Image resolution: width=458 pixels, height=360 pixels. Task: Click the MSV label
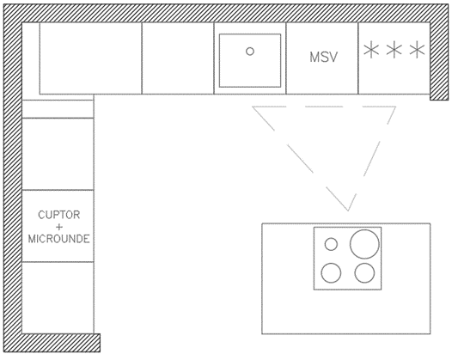click(324, 58)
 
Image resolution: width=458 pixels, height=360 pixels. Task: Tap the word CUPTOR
click(59, 215)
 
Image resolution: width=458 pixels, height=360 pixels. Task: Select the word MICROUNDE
click(58, 239)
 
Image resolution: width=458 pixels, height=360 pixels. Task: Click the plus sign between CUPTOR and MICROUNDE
click(59, 227)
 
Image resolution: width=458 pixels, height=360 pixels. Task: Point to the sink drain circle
click(250, 52)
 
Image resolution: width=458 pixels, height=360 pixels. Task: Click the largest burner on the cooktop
click(364, 244)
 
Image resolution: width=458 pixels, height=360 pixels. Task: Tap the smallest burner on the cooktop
click(331, 244)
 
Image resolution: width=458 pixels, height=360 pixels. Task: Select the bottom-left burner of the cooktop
click(331, 273)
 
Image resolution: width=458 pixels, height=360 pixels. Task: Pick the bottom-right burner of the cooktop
click(364, 273)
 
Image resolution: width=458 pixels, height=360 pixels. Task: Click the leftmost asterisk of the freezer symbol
click(371, 50)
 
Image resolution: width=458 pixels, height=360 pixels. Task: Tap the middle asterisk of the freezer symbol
click(394, 50)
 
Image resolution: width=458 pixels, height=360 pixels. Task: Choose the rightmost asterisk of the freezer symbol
click(417, 50)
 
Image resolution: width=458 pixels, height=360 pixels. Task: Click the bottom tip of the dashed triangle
click(348, 211)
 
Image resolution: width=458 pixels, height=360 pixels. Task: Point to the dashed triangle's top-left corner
click(253, 107)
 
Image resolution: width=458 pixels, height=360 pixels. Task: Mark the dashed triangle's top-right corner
click(396, 107)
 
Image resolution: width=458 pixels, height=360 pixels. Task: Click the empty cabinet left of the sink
click(178, 58)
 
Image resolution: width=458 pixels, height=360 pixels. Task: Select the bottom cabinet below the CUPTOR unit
click(58, 297)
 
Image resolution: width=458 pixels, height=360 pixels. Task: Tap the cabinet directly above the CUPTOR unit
click(58, 154)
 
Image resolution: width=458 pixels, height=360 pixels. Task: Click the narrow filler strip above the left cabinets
click(58, 109)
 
